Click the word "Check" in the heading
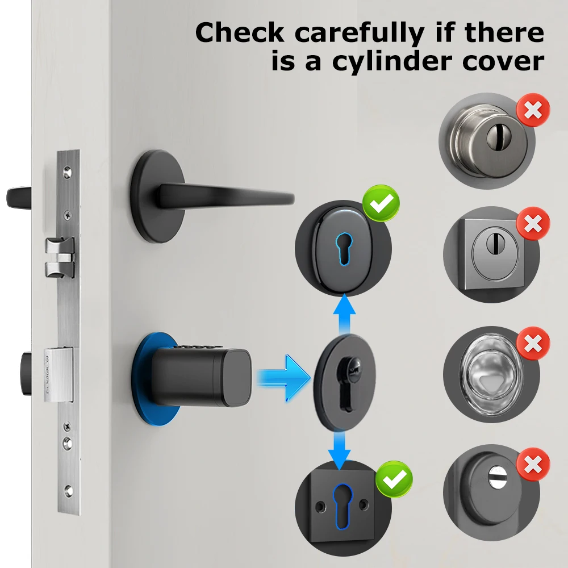click(240, 34)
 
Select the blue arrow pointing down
click(340, 446)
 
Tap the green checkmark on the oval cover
click(381, 203)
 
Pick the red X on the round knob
click(533, 111)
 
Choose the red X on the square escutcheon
click(532, 223)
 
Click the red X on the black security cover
click(532, 464)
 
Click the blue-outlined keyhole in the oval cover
click(340, 248)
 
